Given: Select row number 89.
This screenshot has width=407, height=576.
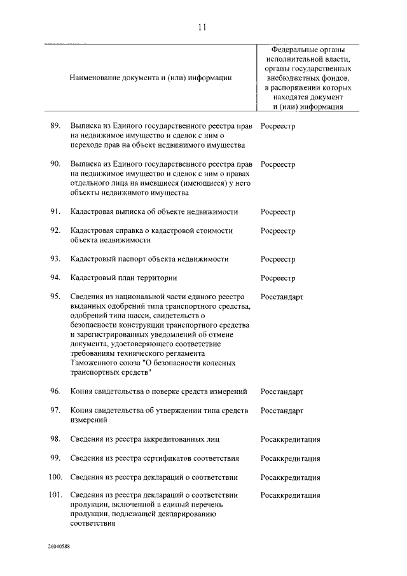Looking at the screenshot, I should [x=55, y=126].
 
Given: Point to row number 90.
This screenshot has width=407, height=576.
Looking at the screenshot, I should [x=55, y=164].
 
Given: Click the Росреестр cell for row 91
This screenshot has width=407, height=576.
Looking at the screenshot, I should [x=278, y=212].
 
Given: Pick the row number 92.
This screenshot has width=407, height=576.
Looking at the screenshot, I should [x=55, y=230].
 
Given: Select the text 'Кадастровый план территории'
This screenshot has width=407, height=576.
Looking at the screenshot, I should [x=124, y=278].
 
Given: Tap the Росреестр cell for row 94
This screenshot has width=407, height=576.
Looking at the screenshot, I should [x=278, y=278].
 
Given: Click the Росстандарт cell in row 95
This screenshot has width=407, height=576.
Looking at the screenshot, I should [x=282, y=297].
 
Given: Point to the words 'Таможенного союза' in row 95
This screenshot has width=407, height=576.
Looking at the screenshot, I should [x=101, y=363].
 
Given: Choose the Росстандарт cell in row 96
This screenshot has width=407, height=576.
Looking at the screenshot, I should [x=282, y=391].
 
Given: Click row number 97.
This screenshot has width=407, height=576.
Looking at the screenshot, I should [x=55, y=411].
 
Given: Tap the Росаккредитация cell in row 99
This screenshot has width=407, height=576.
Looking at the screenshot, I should [x=290, y=458].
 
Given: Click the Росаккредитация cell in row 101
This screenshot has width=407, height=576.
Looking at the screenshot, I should [x=290, y=496].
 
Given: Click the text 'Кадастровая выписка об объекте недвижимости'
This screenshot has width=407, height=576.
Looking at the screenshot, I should [x=155, y=212].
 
